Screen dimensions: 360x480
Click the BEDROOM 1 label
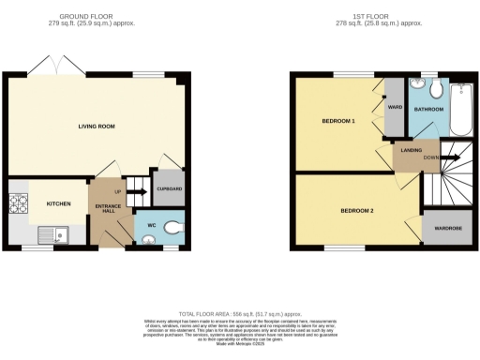(338, 121)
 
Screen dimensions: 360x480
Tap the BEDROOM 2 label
(357, 210)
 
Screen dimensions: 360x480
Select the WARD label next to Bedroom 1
(394, 108)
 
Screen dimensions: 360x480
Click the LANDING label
(410, 149)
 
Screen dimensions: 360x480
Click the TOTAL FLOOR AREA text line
(242, 311)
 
